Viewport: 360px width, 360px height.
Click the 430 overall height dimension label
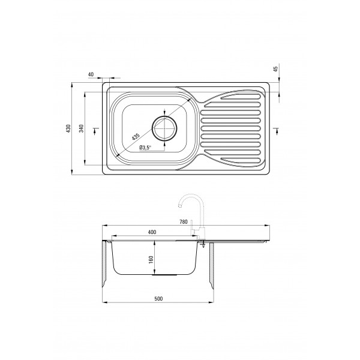(68, 128)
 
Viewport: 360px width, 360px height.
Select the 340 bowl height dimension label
(82, 128)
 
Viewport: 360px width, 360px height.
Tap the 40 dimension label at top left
(91, 74)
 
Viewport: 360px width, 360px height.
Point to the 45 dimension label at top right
(276, 68)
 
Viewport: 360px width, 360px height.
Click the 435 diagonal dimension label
(136, 137)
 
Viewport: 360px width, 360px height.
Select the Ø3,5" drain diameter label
(145, 148)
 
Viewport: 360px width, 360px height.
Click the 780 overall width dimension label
(183, 222)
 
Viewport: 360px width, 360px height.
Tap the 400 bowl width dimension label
(152, 232)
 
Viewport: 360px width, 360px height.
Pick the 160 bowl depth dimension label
(151, 259)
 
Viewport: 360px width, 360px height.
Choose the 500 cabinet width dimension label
(158, 298)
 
